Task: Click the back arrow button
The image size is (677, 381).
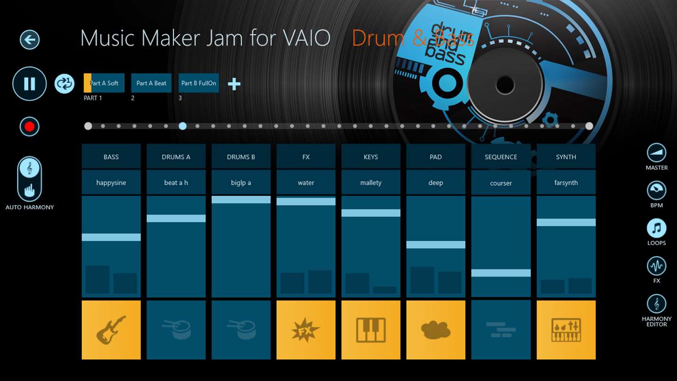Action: (x=30, y=40)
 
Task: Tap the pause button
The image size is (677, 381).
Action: (x=30, y=84)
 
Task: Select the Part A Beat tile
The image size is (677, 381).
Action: (x=151, y=83)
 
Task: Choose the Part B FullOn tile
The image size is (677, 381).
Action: (x=198, y=83)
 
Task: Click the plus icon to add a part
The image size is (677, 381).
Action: (x=234, y=84)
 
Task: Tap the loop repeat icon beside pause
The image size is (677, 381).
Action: (x=64, y=84)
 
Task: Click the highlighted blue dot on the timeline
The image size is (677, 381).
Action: (x=182, y=126)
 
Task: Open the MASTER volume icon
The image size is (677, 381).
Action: (x=656, y=153)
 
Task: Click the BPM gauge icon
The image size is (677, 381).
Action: (x=656, y=190)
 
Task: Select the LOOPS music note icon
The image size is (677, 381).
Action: (x=656, y=228)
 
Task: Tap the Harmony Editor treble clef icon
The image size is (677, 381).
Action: (x=656, y=304)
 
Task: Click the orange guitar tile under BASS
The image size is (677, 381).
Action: (x=111, y=330)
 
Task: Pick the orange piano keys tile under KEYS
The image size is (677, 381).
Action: (x=371, y=330)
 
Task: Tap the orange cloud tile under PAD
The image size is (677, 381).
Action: (x=436, y=330)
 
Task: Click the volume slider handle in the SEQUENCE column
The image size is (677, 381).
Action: (x=501, y=273)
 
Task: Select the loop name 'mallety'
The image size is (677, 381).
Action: (x=371, y=183)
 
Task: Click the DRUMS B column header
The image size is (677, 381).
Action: (x=241, y=157)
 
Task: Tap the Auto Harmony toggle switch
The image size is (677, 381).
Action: (x=29, y=179)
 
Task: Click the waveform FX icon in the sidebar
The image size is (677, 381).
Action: (x=656, y=266)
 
